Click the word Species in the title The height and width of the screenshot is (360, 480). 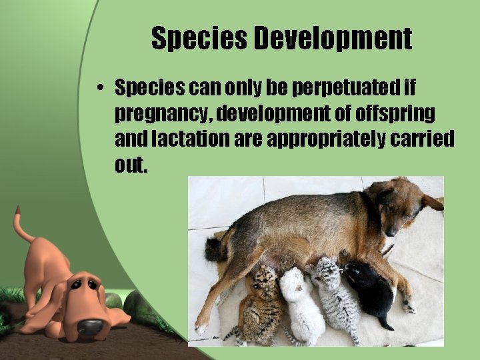(x=199, y=39)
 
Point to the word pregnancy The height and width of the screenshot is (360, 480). (x=155, y=114)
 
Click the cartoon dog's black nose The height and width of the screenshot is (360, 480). (x=90, y=326)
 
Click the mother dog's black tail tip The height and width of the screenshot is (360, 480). (x=213, y=250)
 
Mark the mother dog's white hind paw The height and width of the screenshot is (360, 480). (x=201, y=328)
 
